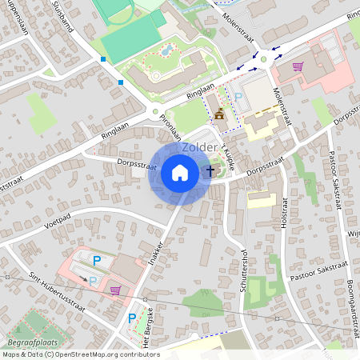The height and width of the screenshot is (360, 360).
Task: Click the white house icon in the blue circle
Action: coord(180,172)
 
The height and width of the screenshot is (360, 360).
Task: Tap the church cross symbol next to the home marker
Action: coord(211,170)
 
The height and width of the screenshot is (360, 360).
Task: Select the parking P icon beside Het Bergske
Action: coord(132,318)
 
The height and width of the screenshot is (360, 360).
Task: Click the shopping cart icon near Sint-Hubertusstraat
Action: coord(115,290)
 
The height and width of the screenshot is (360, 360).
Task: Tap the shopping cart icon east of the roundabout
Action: coord(298,67)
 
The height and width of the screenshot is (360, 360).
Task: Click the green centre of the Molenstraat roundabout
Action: coord(264,58)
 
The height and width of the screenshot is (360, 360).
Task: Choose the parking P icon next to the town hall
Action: coord(238,97)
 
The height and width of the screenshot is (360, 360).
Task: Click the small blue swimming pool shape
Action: coord(166,51)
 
